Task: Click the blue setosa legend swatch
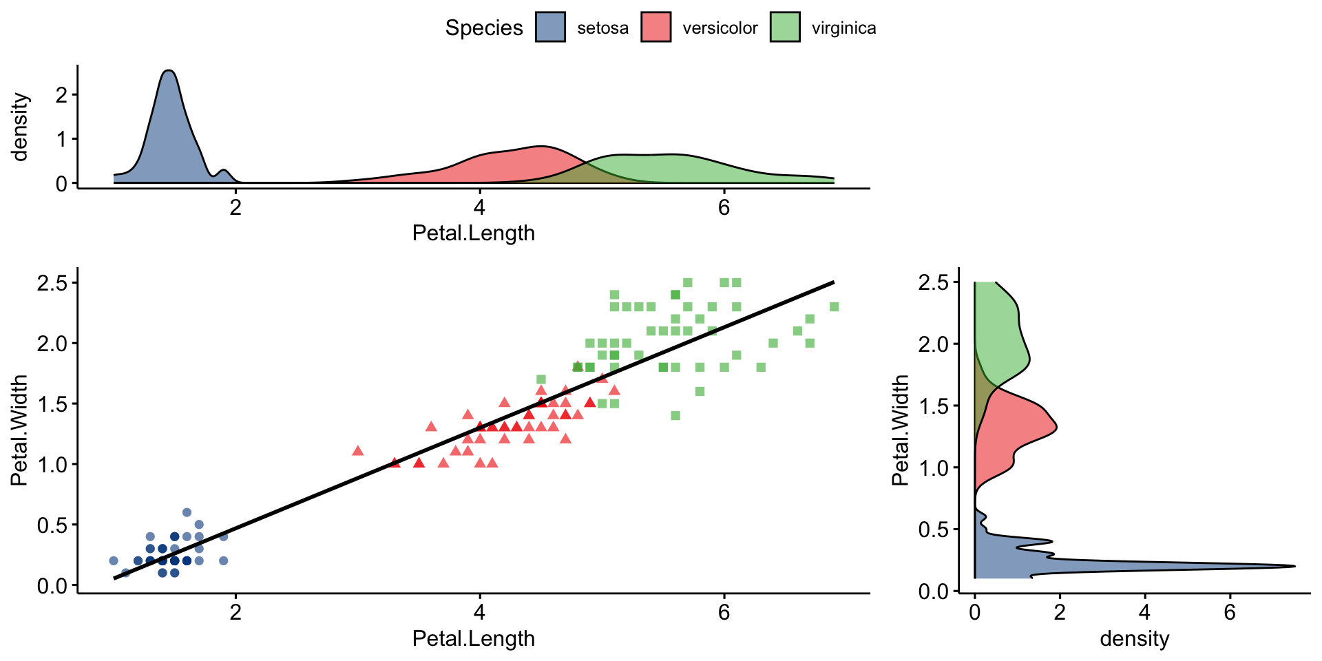550,28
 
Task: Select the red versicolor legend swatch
655,28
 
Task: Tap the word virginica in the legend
843,28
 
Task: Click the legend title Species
484,28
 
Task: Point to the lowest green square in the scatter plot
675,415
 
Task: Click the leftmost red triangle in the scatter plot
358,451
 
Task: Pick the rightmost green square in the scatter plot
834,306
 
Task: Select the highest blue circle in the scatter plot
187,512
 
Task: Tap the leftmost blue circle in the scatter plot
114,560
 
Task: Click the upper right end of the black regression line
833,282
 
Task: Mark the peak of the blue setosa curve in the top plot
169,71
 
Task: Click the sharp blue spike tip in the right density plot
1294,567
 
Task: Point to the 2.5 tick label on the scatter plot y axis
52,283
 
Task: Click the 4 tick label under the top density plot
479,207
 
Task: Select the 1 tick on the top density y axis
62,139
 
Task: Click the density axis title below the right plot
1134,639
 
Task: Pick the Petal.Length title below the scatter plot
473,639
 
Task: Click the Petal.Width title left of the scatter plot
19,430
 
